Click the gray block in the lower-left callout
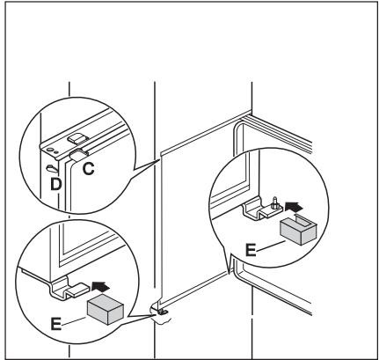coord(106,307)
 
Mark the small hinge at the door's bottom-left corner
coord(164,310)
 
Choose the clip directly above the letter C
coord(82,155)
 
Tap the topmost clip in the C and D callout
coord(78,138)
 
